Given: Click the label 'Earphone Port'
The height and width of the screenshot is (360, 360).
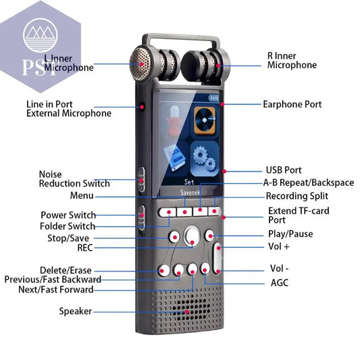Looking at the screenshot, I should (292, 105).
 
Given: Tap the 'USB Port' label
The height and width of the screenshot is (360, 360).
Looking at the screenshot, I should (283, 170).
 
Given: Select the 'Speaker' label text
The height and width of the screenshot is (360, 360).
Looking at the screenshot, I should (75, 311).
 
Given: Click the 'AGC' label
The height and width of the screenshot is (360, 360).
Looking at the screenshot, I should (279, 282).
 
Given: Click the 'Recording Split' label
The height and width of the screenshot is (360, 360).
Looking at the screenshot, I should (297, 196).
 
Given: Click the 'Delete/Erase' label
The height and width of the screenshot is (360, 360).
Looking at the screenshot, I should (66, 270).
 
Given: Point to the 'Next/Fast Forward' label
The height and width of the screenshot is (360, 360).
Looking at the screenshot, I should (56, 290).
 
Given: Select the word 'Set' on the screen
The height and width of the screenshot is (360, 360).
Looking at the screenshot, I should (188, 181).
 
